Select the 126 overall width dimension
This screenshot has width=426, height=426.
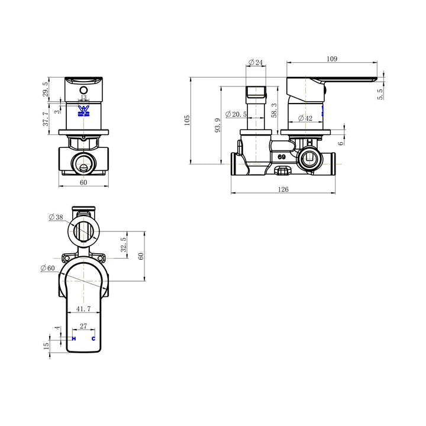pyautogui.click(x=283, y=189)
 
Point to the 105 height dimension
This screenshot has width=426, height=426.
pyautogui.click(x=187, y=120)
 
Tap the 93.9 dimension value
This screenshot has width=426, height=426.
pyautogui.click(x=218, y=125)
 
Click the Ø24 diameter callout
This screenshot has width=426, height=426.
pyautogui.click(x=255, y=62)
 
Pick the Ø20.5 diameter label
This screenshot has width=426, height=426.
pyautogui.click(x=235, y=114)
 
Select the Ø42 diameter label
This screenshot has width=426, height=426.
pyautogui.click(x=304, y=118)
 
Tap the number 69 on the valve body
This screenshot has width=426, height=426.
pyautogui.click(x=282, y=157)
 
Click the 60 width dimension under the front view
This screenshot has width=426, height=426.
pyautogui.click(x=83, y=182)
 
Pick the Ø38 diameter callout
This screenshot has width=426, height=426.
pyautogui.click(x=56, y=217)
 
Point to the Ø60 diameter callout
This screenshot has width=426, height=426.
pyautogui.click(x=47, y=268)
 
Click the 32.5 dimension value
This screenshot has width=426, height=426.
pyautogui.click(x=123, y=244)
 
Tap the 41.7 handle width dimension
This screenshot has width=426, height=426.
pyautogui.click(x=83, y=308)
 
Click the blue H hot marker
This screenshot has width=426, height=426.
pyautogui.click(x=74, y=338)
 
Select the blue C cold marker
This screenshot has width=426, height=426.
pyautogui.click(x=93, y=338)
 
